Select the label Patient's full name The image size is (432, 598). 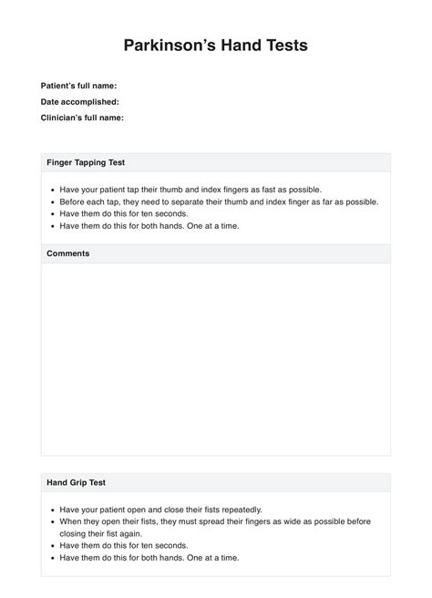[78, 86]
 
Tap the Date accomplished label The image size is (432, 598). [79, 102]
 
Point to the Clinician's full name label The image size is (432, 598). [82, 118]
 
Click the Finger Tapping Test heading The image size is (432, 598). [86, 162]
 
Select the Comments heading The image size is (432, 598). [67, 253]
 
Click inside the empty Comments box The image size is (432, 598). [215, 360]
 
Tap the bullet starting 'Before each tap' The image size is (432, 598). [219, 201]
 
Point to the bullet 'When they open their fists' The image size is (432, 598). [214, 521]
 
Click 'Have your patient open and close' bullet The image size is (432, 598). [159, 510]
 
